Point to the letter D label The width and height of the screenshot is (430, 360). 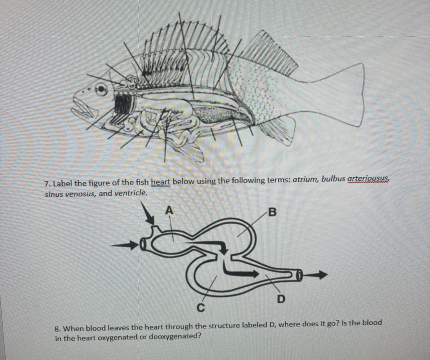(x=281, y=298)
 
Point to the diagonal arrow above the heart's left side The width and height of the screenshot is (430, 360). (x=148, y=214)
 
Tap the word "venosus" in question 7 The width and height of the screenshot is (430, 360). (x=81, y=194)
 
